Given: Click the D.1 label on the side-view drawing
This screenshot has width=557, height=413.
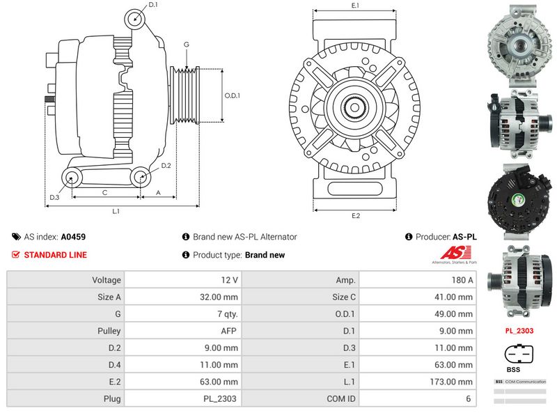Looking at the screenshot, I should (153, 6).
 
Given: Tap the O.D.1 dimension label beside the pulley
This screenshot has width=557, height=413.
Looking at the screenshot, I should (233, 95).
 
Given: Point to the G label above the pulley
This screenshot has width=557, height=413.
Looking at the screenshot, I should (186, 45).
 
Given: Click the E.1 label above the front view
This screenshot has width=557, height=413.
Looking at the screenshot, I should (355, 6).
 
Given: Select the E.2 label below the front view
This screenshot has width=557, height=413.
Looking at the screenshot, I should (355, 216).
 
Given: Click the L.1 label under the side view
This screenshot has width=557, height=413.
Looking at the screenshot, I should (116, 211).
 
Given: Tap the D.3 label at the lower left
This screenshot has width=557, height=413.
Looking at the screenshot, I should (54, 198).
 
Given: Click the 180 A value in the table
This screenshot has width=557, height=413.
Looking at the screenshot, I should (462, 279).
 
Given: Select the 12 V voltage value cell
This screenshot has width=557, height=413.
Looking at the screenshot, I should (230, 279).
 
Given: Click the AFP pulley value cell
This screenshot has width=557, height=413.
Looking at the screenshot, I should (230, 331).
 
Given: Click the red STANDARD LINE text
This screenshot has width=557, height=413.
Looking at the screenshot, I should (55, 255).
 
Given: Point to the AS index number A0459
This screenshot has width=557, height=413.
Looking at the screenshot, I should (73, 237).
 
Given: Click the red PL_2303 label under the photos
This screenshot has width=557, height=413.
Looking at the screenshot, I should (519, 331).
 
